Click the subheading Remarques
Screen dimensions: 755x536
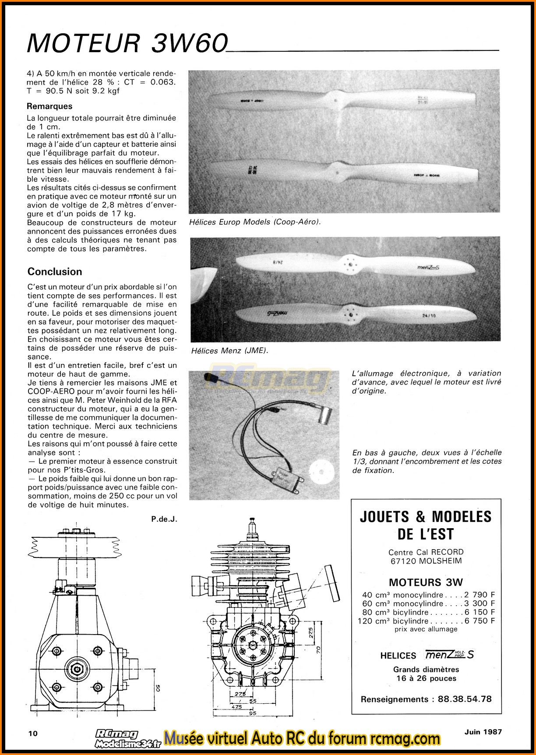coord(49,106)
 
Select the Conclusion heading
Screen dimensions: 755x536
coord(55,272)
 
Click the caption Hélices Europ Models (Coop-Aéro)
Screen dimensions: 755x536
coord(255,222)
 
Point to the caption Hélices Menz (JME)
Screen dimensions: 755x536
coord(229,350)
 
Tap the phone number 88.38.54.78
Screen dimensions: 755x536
coord(464,699)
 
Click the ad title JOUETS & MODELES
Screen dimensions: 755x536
coord(426,517)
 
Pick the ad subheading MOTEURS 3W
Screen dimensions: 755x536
coord(426,582)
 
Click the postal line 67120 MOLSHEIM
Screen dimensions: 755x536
coord(426,561)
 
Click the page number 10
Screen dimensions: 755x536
coord(33,734)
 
